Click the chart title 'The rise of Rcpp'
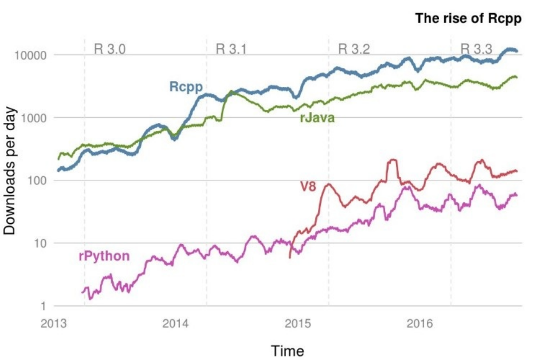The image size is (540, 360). (468, 19)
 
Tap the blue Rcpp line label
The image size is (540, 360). (186, 87)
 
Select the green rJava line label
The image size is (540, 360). (316, 118)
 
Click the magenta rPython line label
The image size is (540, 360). (104, 256)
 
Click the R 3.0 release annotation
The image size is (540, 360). (110, 49)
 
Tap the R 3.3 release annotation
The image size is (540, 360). (476, 49)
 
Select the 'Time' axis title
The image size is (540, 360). (287, 351)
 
